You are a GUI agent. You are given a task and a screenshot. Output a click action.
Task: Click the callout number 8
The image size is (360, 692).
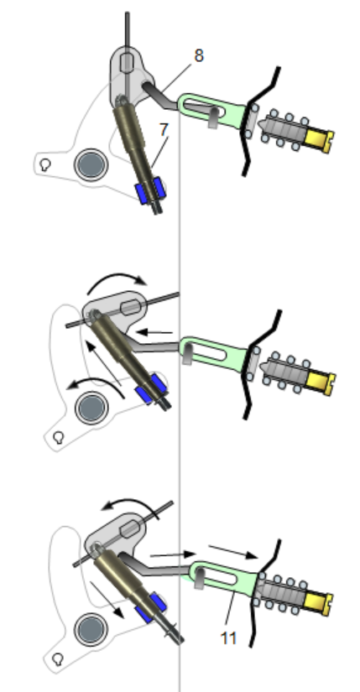199,56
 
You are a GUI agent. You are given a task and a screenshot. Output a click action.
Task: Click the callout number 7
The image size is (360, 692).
164,130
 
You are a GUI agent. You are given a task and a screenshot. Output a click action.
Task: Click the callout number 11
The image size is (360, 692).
228,638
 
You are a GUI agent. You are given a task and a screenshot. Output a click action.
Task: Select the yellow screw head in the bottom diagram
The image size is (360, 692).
319,603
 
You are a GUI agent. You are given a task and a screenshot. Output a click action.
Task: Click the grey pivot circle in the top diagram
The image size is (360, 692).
91,164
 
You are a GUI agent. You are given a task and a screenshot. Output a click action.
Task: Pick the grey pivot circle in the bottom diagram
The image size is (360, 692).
90,628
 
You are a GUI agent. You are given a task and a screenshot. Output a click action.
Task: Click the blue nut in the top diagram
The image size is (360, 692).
150,190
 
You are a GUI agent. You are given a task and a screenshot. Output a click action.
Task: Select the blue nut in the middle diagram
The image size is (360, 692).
150,389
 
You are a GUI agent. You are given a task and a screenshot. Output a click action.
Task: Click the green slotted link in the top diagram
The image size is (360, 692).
211,111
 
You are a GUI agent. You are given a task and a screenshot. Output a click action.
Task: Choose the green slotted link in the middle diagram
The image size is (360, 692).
214,351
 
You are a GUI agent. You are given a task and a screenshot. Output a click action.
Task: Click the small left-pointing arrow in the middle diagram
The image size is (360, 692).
154,332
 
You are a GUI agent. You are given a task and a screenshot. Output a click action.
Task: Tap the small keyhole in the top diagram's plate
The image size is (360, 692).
44,165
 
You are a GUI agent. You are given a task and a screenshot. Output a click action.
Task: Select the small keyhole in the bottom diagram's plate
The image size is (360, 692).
57,659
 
